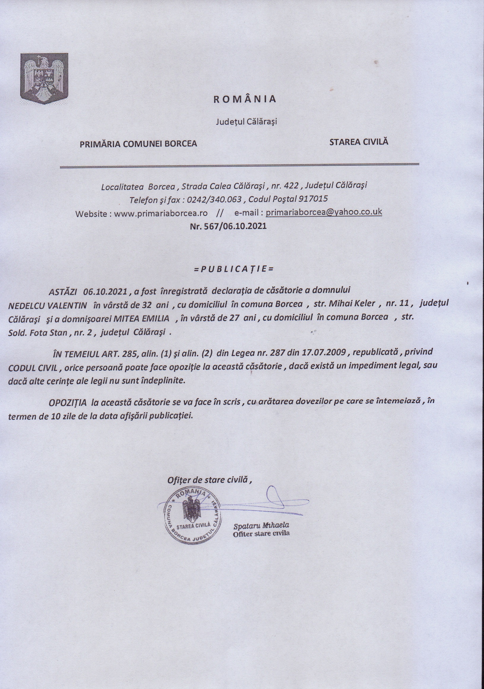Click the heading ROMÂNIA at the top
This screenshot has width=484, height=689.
coord(245,99)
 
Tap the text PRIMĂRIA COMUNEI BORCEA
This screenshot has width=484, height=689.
coord(138,144)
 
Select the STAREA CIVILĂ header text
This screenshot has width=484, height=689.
coord(358,142)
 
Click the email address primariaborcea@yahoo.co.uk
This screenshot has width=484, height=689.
coord(324,212)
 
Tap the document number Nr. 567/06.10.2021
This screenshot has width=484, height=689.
coord(228,226)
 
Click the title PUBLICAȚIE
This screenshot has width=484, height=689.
coord(234,269)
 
